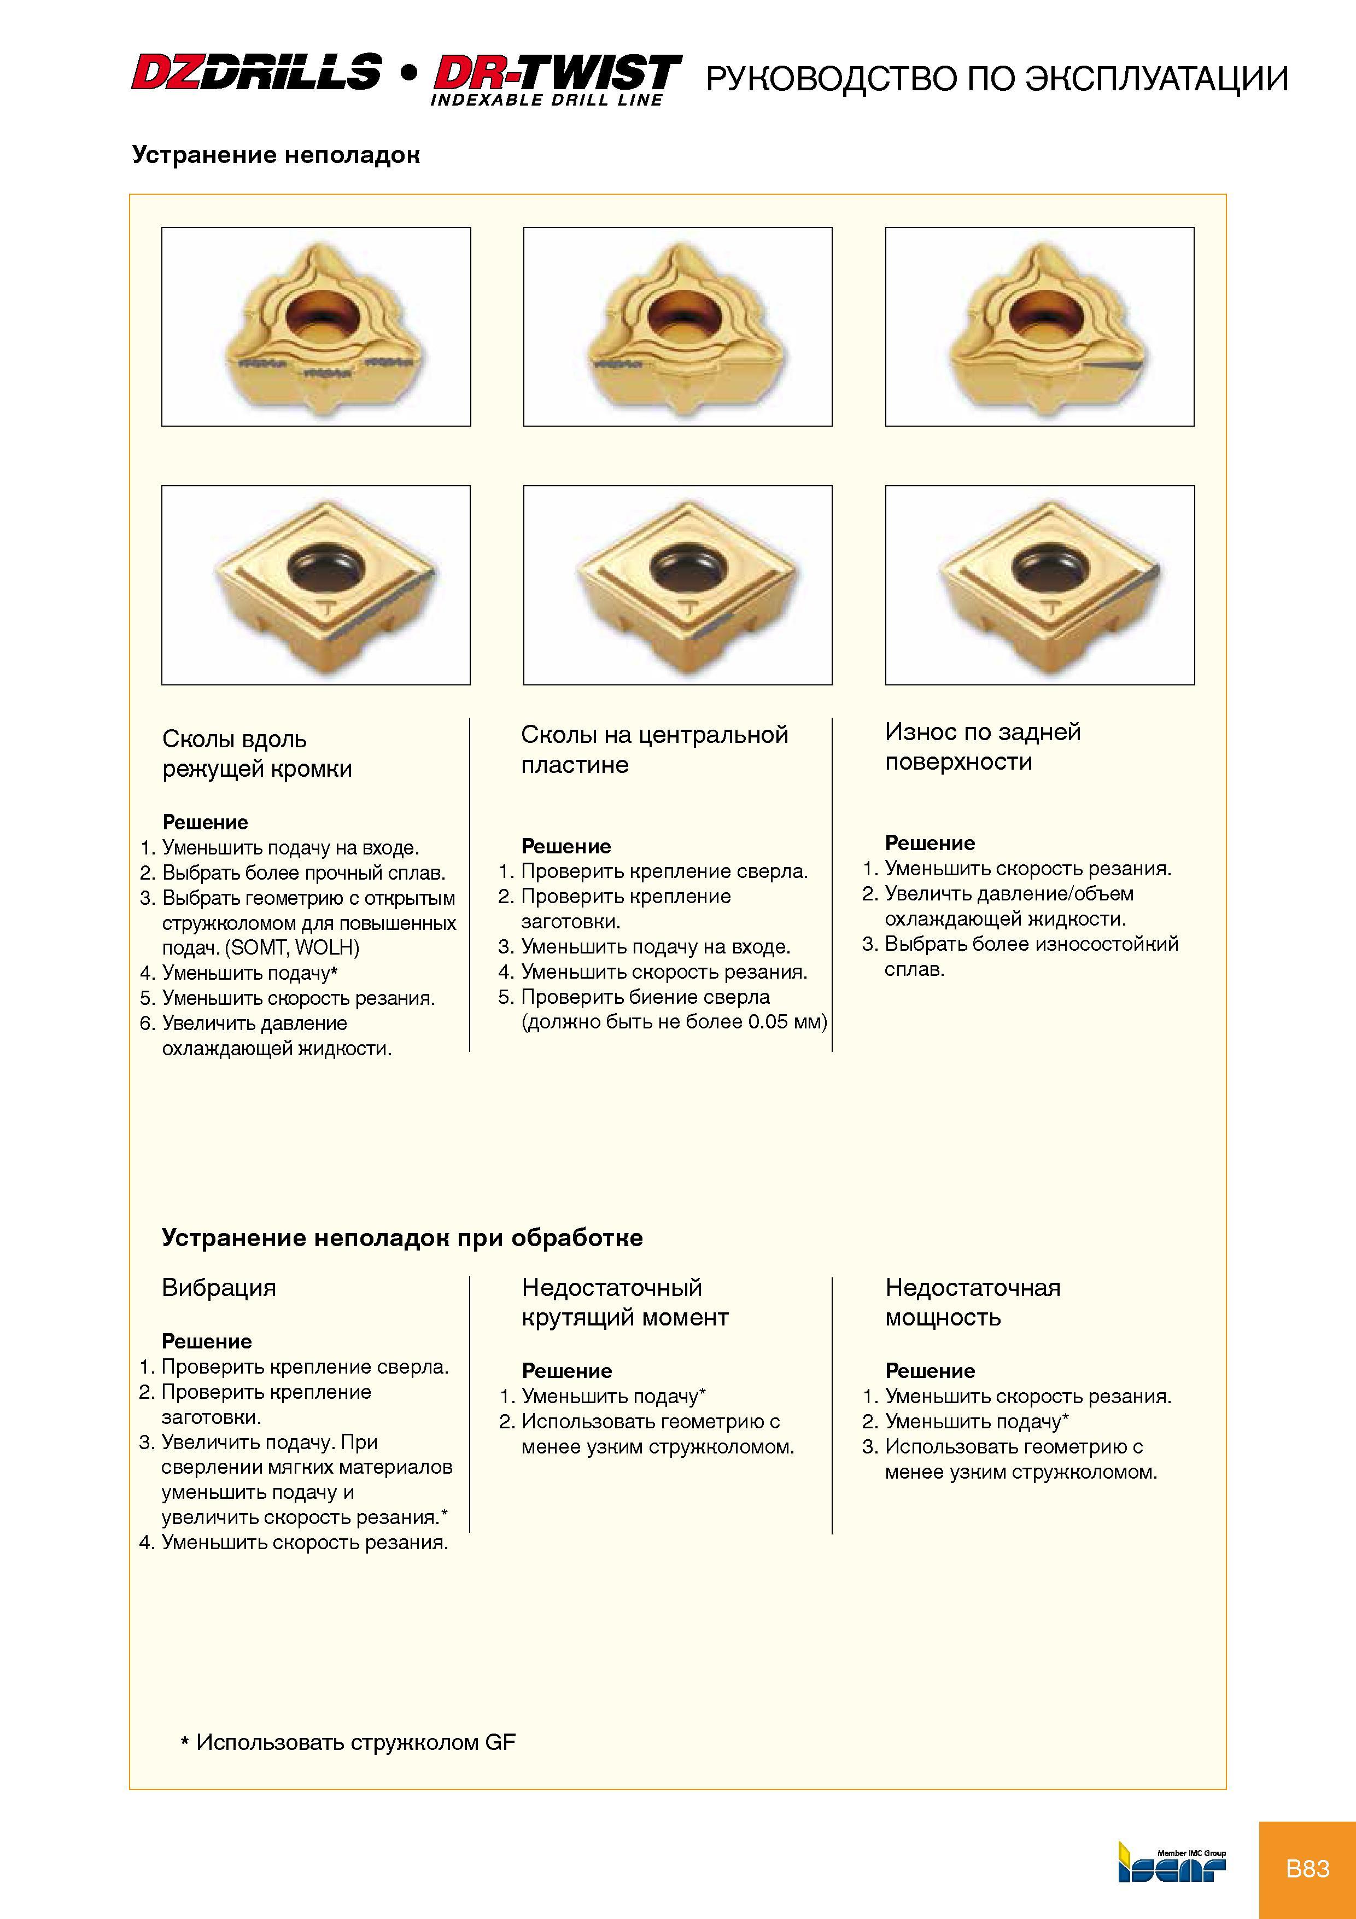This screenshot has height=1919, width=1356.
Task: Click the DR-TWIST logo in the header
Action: [557, 79]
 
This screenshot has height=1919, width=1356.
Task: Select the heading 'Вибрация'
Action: [219, 1287]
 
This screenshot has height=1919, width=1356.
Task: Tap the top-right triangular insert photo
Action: [1039, 327]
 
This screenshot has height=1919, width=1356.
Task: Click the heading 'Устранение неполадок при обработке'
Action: [402, 1238]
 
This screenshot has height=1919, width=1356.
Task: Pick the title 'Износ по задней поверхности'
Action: [983, 746]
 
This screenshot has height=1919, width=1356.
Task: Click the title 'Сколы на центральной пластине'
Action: [654, 750]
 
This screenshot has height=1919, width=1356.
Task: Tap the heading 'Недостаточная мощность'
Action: [973, 1302]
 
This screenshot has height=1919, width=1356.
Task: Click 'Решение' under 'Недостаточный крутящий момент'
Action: [566, 1371]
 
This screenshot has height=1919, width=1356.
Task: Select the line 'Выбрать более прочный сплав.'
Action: [303, 873]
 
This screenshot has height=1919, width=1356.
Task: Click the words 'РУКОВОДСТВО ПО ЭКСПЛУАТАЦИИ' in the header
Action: [997, 79]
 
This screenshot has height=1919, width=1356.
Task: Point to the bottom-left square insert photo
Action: [316, 585]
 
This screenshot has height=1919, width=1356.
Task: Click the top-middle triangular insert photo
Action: [677, 327]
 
